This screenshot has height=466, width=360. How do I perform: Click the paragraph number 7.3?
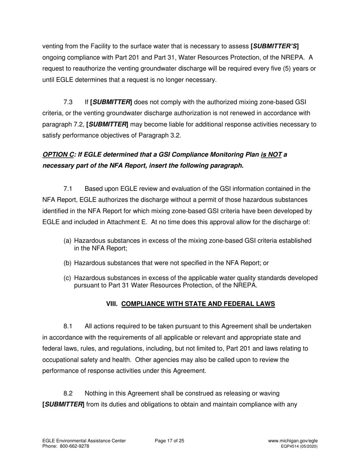click(68, 102)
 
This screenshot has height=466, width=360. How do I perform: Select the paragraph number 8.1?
click(68, 326)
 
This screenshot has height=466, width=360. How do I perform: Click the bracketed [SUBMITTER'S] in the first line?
click(275, 47)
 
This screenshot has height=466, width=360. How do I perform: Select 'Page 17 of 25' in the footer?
click(170, 441)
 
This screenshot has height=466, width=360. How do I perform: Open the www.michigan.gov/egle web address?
click(293, 441)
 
